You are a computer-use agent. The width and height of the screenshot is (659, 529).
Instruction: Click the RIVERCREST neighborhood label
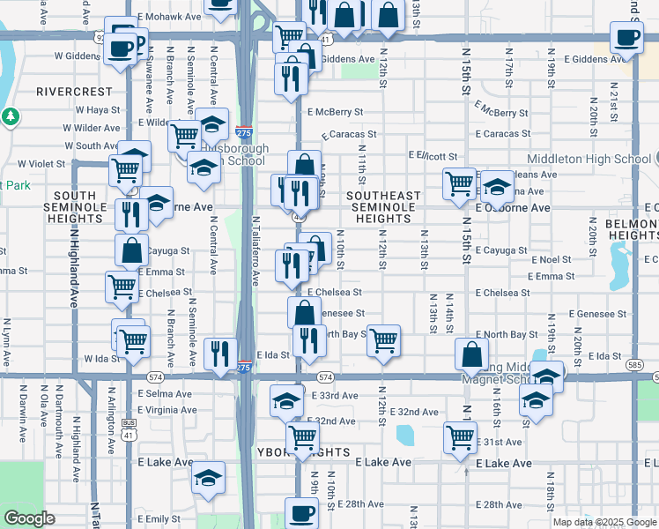pyautogui.click(x=74, y=91)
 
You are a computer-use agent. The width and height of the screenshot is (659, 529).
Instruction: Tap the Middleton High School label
pyautogui.click(x=589, y=159)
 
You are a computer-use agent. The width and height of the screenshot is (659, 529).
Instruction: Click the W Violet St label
pyautogui.click(x=34, y=164)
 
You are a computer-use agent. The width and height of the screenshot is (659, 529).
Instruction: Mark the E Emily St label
pyautogui.click(x=159, y=519)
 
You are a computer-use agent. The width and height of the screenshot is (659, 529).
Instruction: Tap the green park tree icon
pyautogui.click(x=10, y=115)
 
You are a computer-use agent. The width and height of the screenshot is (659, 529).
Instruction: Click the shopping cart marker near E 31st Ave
pyautogui.click(x=461, y=436)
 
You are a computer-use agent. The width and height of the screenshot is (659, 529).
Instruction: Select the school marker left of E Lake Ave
pyautogui.click(x=208, y=479)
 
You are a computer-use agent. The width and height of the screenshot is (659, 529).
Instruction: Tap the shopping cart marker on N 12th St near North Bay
pyautogui.click(x=384, y=339)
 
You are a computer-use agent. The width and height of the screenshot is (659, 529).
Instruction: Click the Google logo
pyautogui.click(x=29, y=518)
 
